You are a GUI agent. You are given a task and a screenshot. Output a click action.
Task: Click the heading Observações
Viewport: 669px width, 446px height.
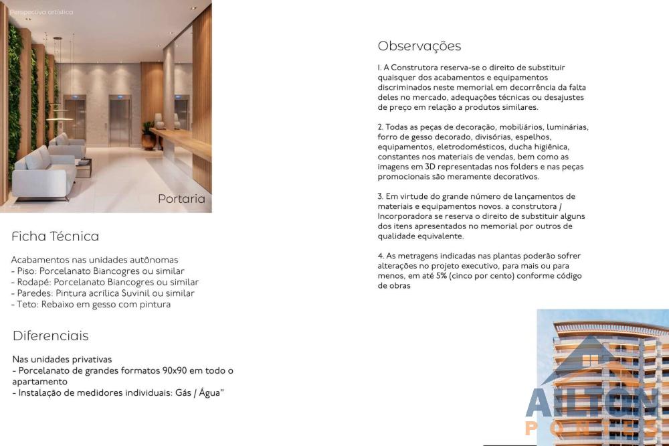coord(419,46)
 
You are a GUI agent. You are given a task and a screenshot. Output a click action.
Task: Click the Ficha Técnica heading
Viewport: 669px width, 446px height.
coord(55,236)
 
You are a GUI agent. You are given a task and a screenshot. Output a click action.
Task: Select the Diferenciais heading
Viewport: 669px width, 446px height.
coord(50,336)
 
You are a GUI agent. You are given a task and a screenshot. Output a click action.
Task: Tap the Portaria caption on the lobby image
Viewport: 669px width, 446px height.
coord(181,199)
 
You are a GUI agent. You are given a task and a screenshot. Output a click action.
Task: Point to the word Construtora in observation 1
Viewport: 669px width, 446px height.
coord(415,68)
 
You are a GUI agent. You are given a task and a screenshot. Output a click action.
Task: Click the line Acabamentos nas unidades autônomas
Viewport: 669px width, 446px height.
coord(95,260)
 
